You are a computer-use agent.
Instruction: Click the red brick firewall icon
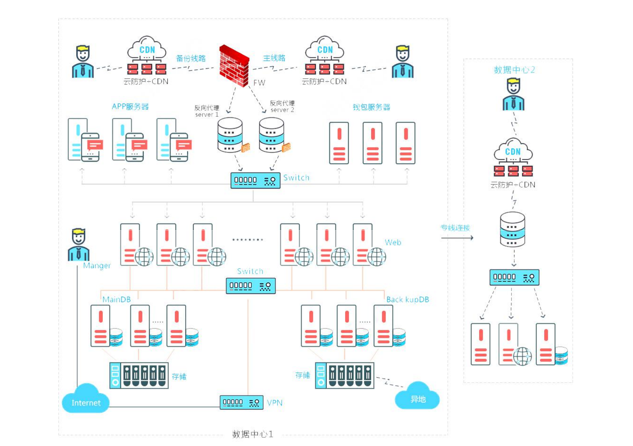point(234,66)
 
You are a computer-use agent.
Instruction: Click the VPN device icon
point(242,403)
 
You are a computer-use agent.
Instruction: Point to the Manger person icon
point(78,245)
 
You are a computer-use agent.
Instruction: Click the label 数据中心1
point(253,434)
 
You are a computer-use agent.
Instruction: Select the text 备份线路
point(191,58)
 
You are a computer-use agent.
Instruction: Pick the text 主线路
point(274,58)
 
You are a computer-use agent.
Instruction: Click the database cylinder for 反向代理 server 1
point(230,135)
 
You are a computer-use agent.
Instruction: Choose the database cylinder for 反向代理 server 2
point(272,135)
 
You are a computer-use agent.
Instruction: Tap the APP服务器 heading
point(130,106)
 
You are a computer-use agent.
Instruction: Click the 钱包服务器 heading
point(371,107)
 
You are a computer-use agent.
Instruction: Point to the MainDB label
point(117,299)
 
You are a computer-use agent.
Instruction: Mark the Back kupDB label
point(407,299)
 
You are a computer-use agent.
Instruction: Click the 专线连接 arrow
point(457,238)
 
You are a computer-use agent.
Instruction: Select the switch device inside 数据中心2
point(514,277)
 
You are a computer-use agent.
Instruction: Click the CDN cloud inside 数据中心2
point(513,150)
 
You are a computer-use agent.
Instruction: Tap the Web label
point(393,242)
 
